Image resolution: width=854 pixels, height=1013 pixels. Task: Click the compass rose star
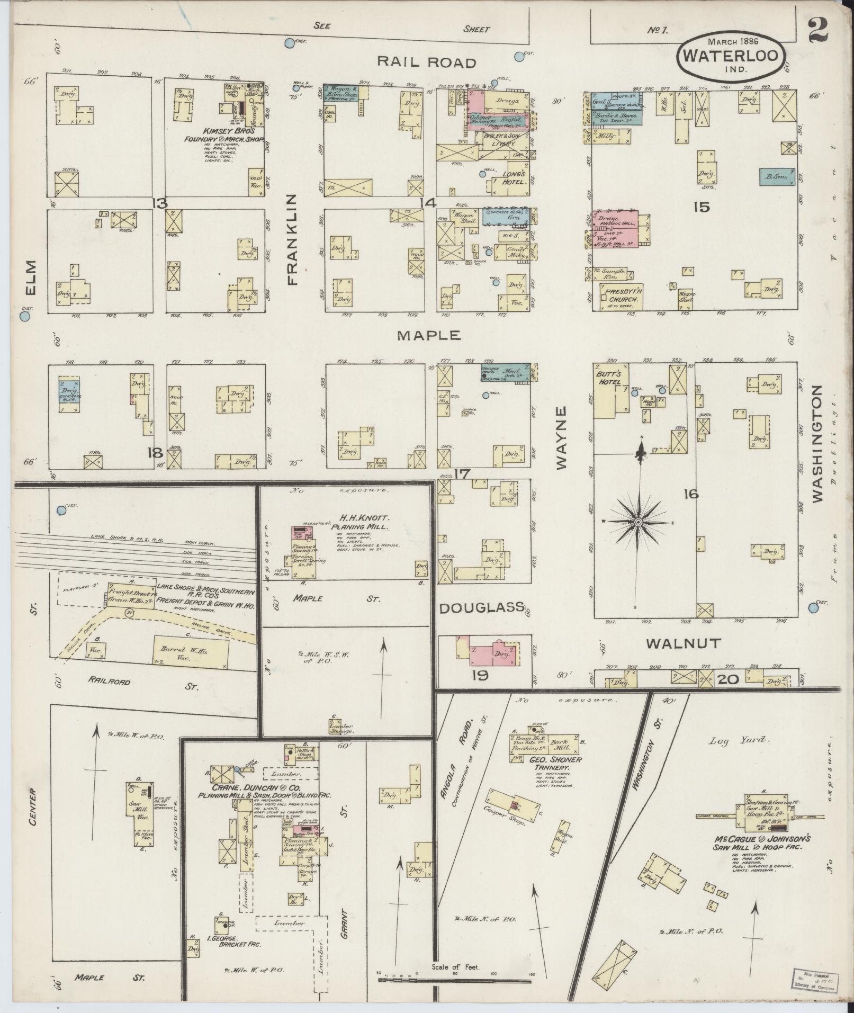click(639, 522)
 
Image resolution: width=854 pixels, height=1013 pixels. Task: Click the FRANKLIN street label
click(293, 239)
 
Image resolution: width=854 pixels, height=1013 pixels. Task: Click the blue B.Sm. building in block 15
click(777, 177)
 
